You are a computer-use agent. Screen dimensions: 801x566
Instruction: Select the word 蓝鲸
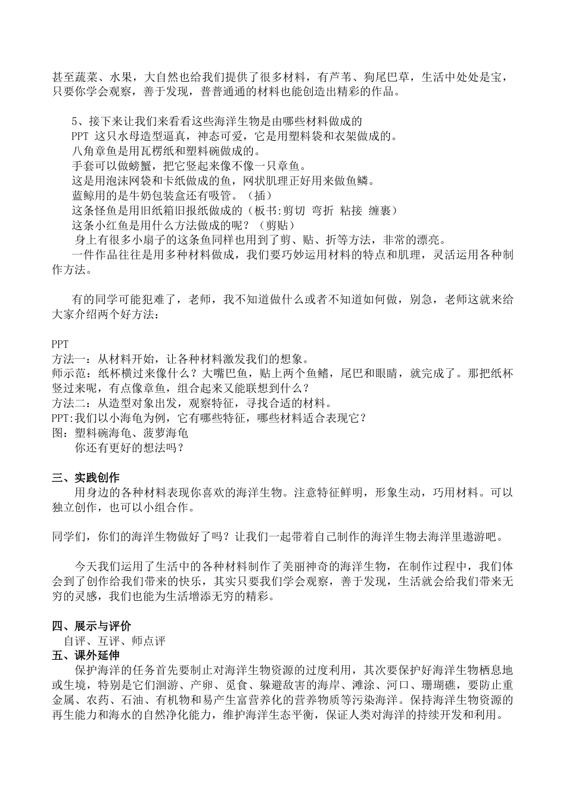pyautogui.click(x=83, y=195)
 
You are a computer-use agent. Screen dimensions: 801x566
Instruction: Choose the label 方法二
pyautogui.click(x=69, y=403)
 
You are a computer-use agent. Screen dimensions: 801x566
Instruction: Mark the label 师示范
pyautogui.click(x=69, y=374)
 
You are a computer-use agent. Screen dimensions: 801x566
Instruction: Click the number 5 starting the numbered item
pyautogui.click(x=75, y=122)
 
